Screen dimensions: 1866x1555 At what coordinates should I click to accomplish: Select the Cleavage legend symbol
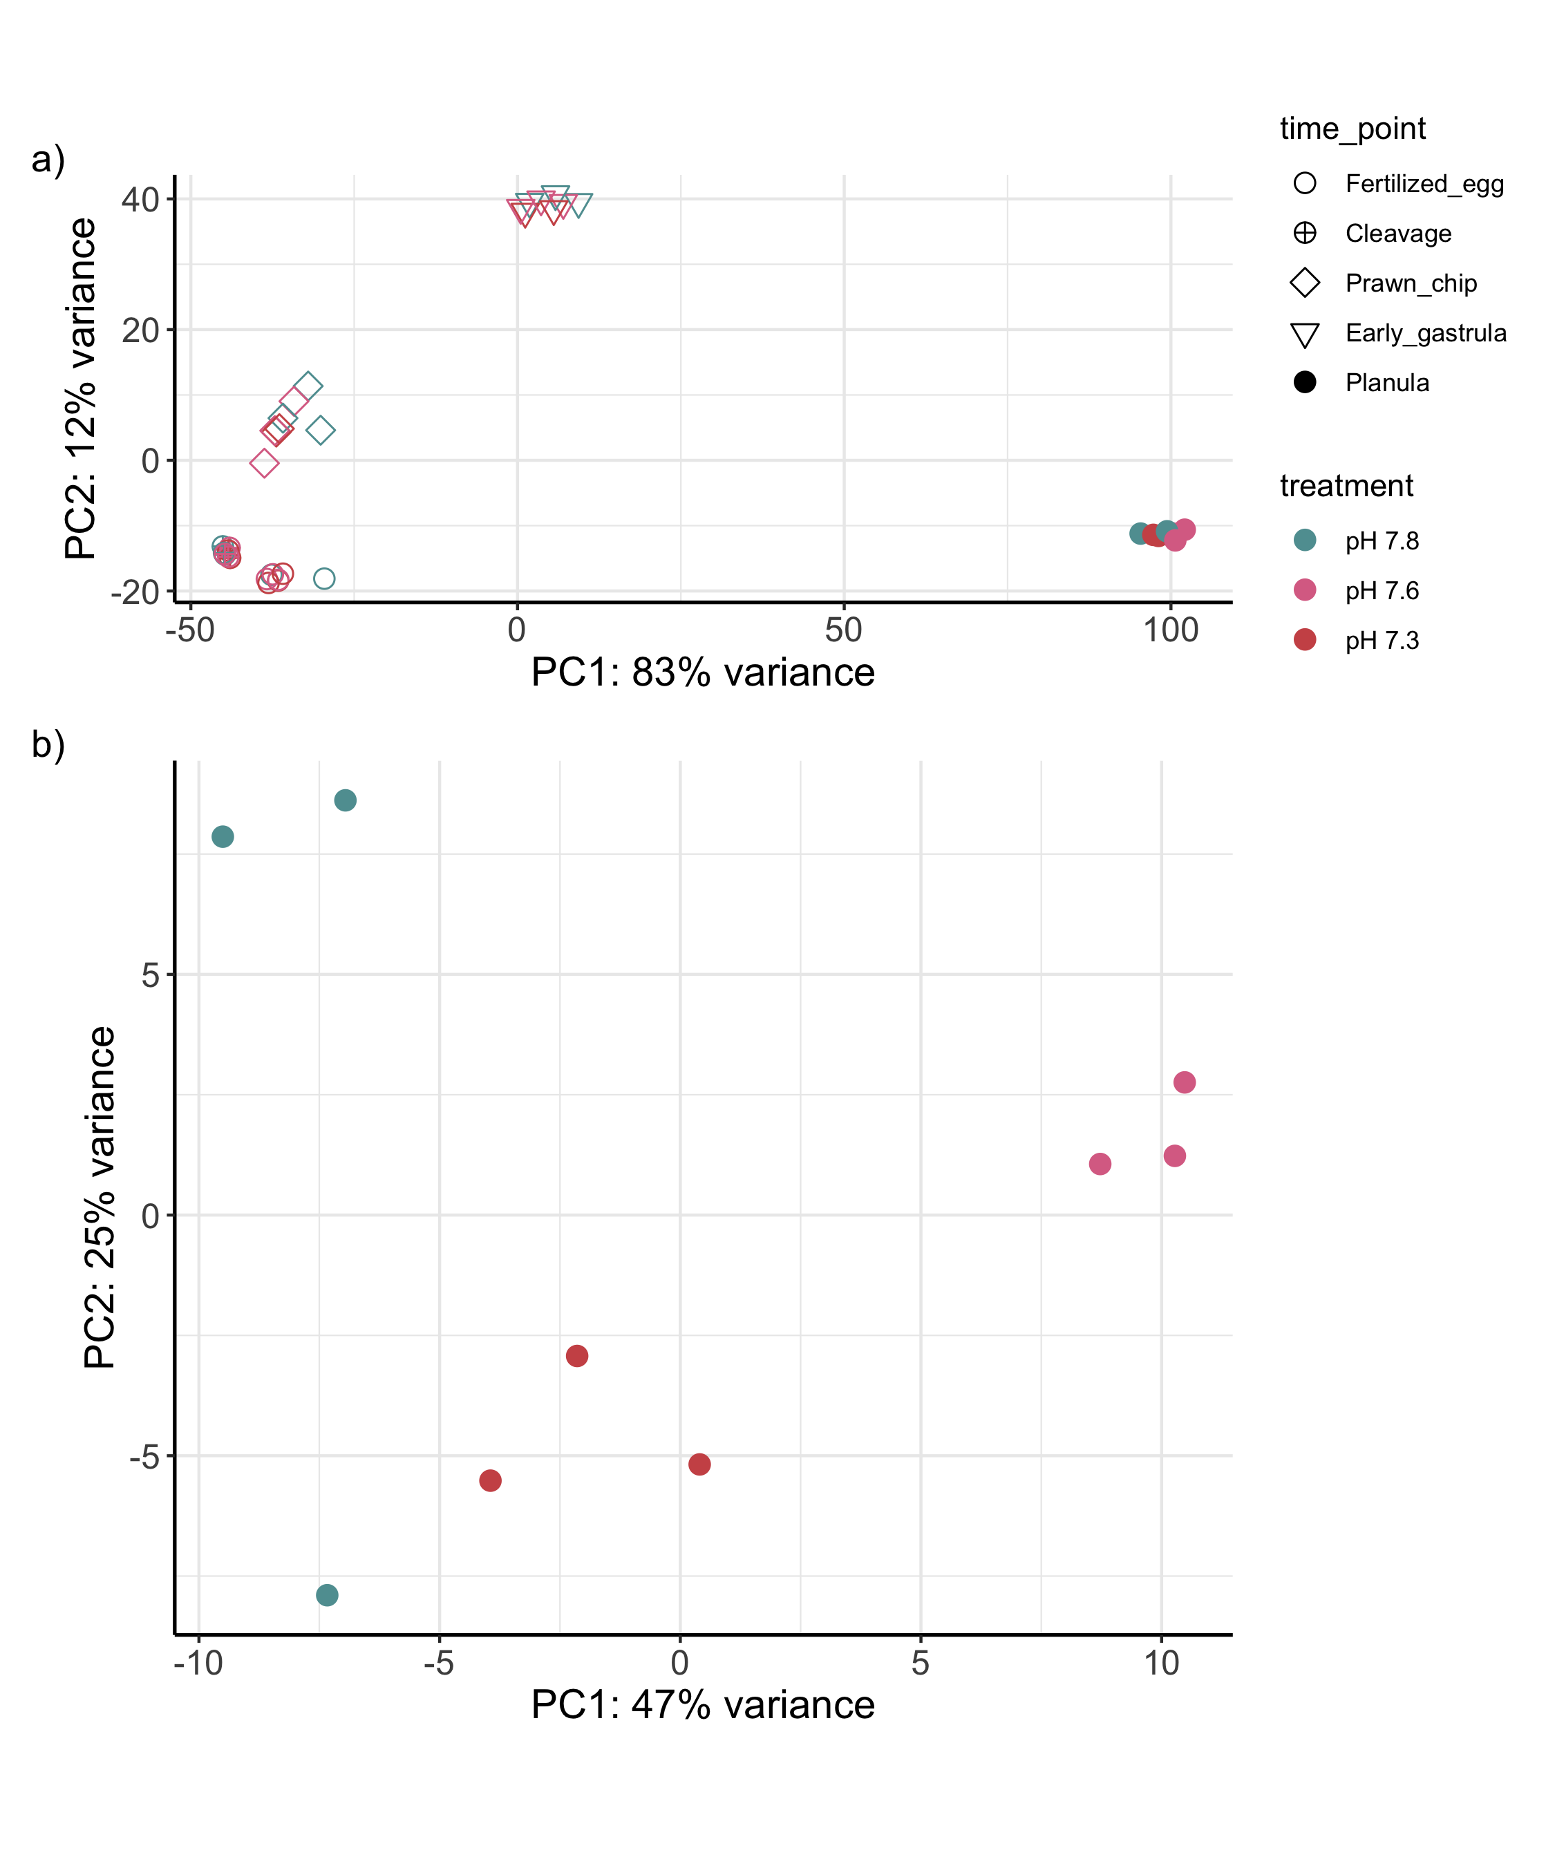coord(1304,234)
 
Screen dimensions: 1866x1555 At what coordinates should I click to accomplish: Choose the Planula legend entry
coord(1386,383)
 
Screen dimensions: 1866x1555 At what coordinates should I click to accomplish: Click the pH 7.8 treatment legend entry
coord(1381,541)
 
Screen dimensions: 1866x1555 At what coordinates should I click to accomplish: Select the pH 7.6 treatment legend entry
coord(1381,591)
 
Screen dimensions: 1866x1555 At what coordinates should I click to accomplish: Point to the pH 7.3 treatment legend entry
coord(1381,641)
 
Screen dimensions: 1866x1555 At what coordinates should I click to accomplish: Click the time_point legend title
coord(1352,129)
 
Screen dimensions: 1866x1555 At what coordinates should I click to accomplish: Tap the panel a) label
coord(48,160)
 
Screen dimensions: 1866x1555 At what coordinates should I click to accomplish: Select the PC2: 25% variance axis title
coord(100,1198)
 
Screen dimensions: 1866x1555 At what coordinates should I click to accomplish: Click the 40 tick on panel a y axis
coord(140,199)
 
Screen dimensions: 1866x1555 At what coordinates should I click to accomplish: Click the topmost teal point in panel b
coord(345,800)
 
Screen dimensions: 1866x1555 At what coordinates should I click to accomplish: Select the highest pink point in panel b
coord(1185,1082)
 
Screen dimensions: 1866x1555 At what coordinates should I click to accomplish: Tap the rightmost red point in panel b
coord(699,1464)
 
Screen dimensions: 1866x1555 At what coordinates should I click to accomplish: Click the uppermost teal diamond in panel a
coord(308,386)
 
